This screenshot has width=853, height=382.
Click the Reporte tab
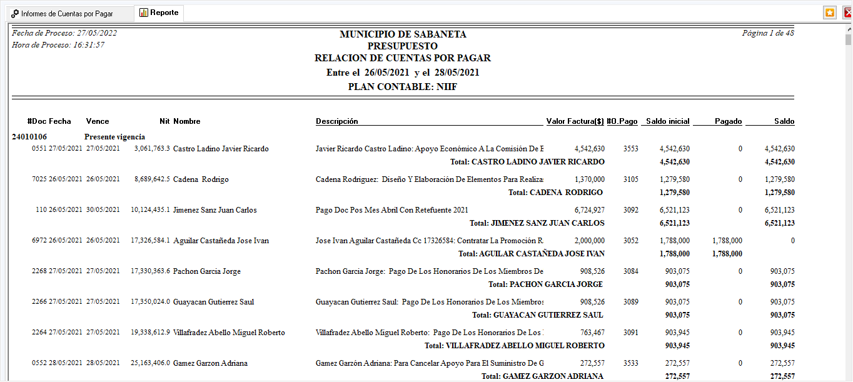159,13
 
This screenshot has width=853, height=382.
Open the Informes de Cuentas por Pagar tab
66,13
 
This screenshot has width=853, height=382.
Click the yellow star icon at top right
829,13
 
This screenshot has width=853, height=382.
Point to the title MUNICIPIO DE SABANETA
403,34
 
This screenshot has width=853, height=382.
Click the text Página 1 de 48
768,33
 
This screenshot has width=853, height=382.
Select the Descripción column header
337,121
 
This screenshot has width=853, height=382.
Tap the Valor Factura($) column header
575,121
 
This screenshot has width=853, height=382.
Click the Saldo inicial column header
667,121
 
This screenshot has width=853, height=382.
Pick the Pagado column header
728,121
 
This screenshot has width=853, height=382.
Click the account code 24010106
29,136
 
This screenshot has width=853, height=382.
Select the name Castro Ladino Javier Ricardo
221,149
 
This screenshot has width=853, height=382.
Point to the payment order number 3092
630,210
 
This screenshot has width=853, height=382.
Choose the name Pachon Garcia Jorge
206,271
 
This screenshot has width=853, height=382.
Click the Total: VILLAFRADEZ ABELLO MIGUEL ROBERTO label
515,345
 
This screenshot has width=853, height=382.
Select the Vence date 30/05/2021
103,210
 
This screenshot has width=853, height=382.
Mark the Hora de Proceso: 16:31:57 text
58,45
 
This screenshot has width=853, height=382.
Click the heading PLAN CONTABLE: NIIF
403,87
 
